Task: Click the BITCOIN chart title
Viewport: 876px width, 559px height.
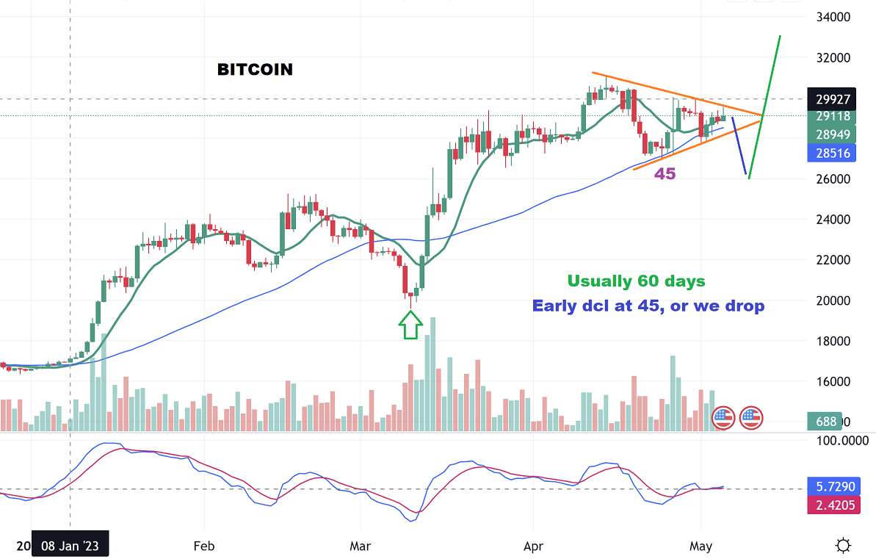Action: (x=255, y=70)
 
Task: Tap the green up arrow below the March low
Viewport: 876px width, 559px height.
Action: (x=410, y=324)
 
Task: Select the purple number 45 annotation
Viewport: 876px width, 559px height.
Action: (x=665, y=174)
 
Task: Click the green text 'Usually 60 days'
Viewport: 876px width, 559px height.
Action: (x=636, y=281)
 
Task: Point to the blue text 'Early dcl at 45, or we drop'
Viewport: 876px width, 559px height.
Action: (x=648, y=306)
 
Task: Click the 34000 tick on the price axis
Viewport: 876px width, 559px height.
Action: (x=833, y=17)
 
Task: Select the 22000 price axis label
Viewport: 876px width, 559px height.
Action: (x=833, y=260)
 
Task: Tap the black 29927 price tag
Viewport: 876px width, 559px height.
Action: (x=833, y=98)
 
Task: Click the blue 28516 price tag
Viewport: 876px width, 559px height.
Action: (x=833, y=153)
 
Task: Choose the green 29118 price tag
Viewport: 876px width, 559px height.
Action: (x=833, y=116)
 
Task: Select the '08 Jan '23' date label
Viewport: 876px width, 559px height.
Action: (x=70, y=547)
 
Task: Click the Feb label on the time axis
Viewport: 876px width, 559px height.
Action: (x=203, y=547)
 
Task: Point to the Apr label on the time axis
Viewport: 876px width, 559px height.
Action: (x=533, y=547)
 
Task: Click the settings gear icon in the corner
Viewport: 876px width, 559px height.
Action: (x=843, y=546)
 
